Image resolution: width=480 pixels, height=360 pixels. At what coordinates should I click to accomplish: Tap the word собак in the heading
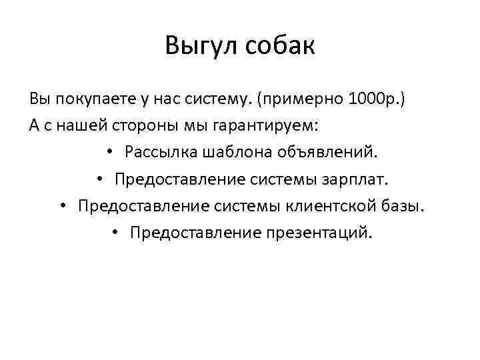[280, 47]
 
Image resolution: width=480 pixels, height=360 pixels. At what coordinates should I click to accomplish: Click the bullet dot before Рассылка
[111, 153]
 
